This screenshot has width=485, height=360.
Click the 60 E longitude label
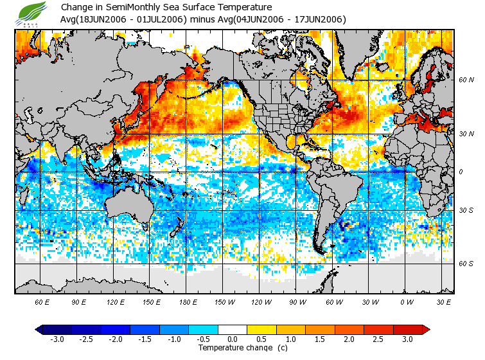(x=42, y=302)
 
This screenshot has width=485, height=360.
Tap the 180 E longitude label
(x=188, y=302)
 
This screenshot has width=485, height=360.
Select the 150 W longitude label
(x=224, y=302)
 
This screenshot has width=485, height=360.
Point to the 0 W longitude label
(x=407, y=302)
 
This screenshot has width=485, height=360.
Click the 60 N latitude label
(x=466, y=80)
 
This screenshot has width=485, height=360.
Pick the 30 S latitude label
(x=466, y=211)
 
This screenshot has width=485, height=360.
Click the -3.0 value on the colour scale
(x=57, y=339)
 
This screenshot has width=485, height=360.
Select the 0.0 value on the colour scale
(x=233, y=339)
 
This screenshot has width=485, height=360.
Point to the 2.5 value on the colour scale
(x=378, y=339)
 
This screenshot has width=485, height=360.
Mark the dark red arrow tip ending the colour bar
(x=426, y=330)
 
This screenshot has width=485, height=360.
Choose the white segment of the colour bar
(x=233, y=330)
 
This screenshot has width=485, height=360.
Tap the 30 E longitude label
(x=443, y=302)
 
